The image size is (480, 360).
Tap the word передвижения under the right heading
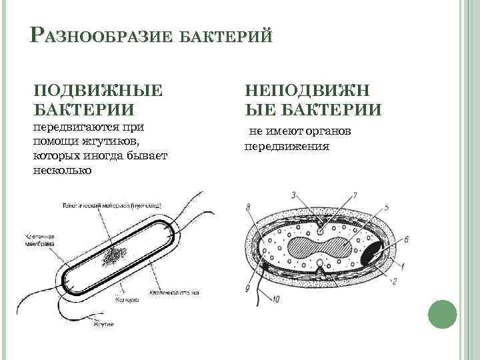tap(287, 146)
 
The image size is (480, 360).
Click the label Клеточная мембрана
tap(39, 241)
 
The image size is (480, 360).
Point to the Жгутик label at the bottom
tap(103, 324)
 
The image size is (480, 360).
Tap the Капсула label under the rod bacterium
tap(127, 301)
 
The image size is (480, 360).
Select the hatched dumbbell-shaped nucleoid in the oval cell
tap(320, 249)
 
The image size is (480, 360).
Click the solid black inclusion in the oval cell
tap(371, 253)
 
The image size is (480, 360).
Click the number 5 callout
tap(387, 207)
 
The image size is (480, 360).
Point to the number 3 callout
tap(293, 195)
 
